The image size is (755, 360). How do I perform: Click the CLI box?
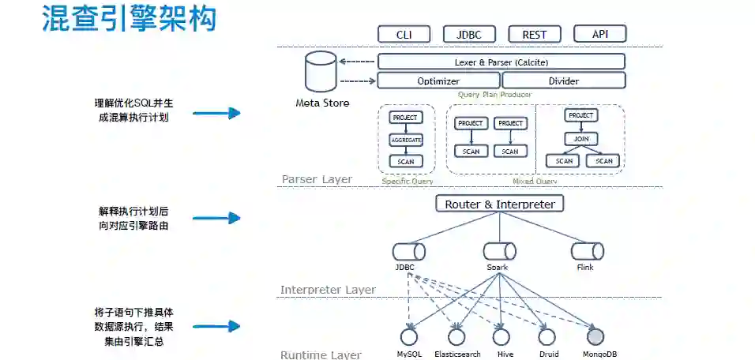(404, 34)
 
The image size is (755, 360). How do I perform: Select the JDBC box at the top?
(469, 34)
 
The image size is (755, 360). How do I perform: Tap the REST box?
(535, 34)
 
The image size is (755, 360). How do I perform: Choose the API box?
(599, 33)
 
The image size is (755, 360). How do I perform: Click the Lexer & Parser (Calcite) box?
(501, 62)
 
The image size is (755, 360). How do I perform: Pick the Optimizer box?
(438, 81)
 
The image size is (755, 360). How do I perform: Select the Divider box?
(563, 81)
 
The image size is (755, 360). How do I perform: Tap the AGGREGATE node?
(406, 140)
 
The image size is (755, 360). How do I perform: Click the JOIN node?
(581, 139)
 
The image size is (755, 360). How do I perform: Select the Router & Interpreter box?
(500, 204)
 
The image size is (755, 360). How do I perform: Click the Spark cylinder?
(500, 252)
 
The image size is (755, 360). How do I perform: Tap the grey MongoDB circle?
(596, 337)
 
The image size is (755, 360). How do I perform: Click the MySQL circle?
(409, 337)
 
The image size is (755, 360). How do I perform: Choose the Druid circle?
(548, 337)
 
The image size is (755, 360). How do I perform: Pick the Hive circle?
(501, 337)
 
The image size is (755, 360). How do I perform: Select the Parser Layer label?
(317, 180)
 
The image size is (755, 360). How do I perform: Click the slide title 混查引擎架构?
(129, 20)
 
